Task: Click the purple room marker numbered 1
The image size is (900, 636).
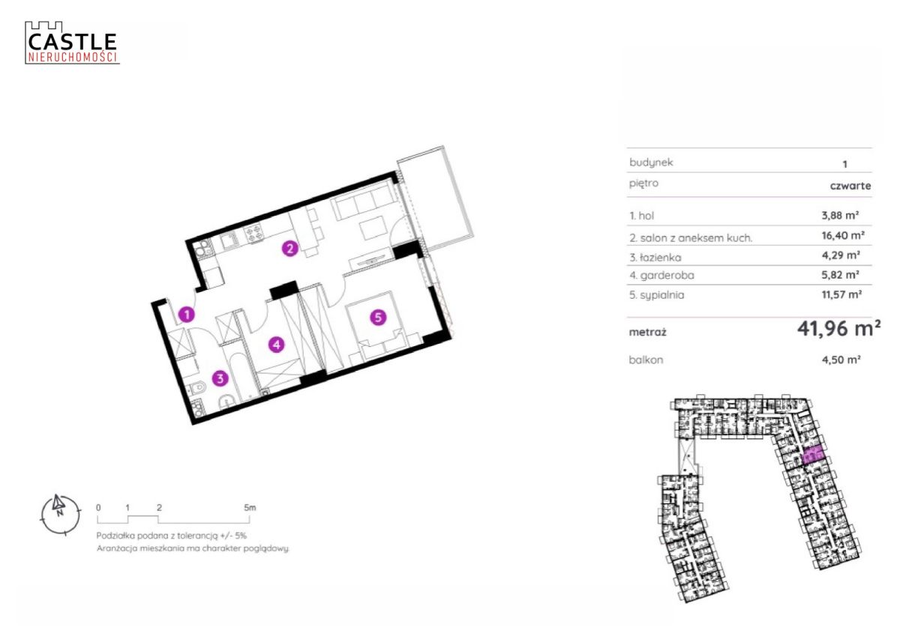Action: coord(187,315)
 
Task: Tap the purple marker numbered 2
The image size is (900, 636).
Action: coord(290,249)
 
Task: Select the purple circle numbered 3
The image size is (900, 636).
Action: coord(220,378)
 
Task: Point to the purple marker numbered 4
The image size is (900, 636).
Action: coord(277,345)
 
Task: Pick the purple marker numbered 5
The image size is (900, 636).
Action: coord(378,318)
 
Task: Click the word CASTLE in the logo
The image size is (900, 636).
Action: coord(72,41)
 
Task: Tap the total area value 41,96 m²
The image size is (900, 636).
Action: coord(839,329)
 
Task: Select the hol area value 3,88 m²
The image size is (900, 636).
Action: coord(840,216)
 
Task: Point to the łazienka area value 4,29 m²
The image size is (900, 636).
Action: coord(841,255)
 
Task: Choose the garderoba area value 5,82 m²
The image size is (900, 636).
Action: coord(840,275)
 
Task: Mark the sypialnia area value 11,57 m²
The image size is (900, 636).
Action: coord(841,294)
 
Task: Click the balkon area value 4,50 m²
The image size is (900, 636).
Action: coord(841,360)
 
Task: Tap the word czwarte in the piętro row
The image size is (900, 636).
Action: coord(850,186)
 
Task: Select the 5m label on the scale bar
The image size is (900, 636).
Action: coord(250,508)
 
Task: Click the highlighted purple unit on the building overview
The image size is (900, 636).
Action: coord(814,457)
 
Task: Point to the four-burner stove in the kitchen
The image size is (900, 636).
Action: coord(254,233)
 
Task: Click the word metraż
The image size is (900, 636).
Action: coord(647,333)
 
